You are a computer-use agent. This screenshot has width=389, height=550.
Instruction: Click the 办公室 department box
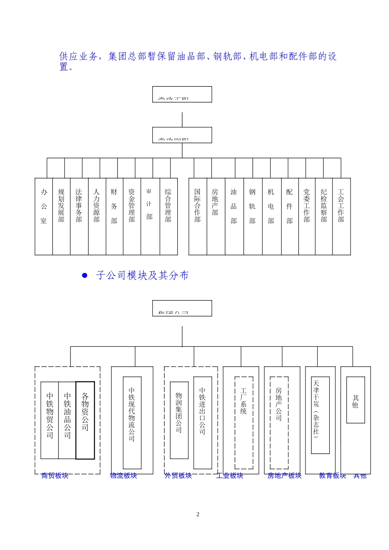(x=44, y=216)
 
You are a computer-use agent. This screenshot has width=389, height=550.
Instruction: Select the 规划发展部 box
(x=61, y=216)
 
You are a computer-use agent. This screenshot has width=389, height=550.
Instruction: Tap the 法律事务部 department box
(x=79, y=216)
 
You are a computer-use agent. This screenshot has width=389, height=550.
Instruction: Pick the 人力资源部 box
(x=97, y=216)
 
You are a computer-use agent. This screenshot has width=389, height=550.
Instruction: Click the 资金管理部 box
(x=132, y=216)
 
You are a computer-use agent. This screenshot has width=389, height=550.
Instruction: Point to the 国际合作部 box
(x=198, y=216)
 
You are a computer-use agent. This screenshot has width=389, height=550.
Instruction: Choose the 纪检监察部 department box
(x=324, y=216)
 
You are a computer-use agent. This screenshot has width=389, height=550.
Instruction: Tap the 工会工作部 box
(x=342, y=216)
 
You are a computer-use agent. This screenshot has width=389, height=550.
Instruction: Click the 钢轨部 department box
(x=253, y=216)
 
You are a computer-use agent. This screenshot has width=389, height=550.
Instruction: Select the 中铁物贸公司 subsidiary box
(x=50, y=420)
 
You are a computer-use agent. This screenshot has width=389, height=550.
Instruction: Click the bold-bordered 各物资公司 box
(x=85, y=420)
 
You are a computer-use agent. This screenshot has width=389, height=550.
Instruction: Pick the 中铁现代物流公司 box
(x=132, y=422)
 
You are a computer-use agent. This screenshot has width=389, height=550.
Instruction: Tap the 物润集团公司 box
(x=179, y=420)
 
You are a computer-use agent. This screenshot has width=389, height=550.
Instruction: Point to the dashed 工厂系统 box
(x=244, y=422)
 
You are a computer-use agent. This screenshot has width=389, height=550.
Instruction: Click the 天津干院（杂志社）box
(x=320, y=415)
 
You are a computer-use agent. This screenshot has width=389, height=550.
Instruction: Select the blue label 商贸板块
(x=55, y=476)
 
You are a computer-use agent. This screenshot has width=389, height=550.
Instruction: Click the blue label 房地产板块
(x=285, y=476)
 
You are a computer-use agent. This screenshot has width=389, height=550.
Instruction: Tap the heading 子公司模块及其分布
(x=142, y=275)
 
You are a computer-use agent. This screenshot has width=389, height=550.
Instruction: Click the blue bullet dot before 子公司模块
(x=85, y=275)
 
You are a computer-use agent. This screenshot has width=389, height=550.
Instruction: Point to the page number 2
(x=198, y=514)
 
